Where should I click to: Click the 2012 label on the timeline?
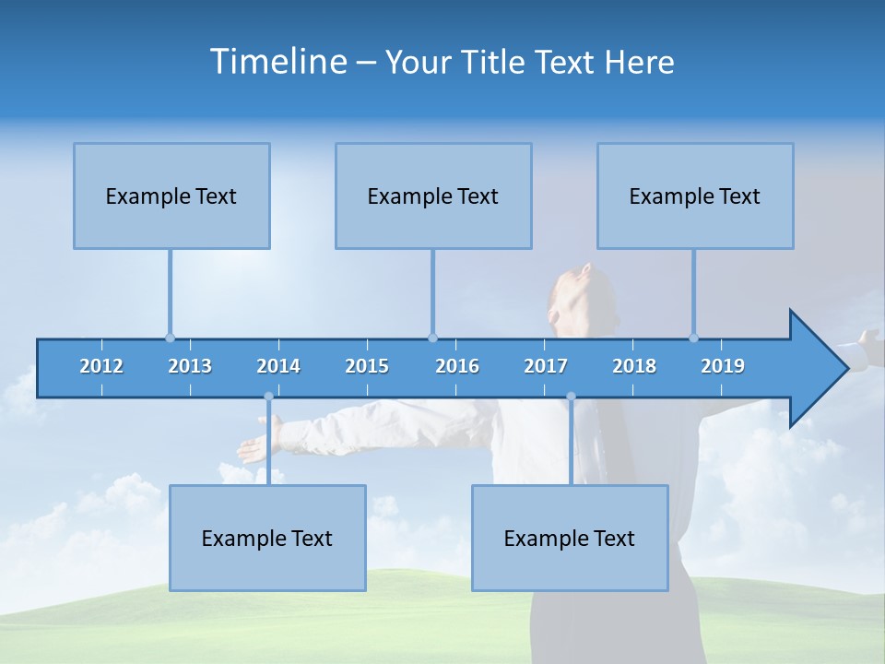[101, 366]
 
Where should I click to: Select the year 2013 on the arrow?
[190, 366]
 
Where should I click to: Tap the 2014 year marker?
[278, 366]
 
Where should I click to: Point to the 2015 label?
[367, 366]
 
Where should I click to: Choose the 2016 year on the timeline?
[457, 366]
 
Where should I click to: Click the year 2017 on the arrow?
[546, 366]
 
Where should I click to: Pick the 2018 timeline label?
[634, 366]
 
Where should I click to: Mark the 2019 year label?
[723, 366]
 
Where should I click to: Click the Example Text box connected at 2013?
[171, 196]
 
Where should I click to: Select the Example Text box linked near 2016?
[433, 196]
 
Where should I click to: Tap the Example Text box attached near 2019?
[695, 196]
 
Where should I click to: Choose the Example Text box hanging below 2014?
[267, 538]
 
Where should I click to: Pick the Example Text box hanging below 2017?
[570, 538]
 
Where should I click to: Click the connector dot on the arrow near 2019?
[694, 338]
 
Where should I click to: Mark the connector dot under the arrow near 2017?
[571, 397]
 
